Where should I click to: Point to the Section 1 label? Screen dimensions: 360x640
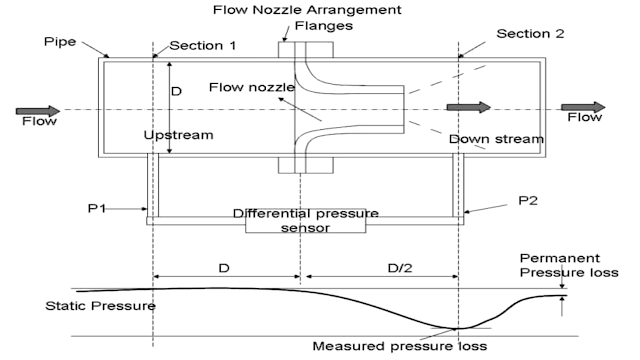click(x=203, y=45)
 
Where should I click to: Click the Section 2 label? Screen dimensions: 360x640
click(x=531, y=33)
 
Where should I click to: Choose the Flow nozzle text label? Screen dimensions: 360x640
click(x=251, y=87)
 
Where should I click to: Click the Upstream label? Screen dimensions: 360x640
click(x=177, y=133)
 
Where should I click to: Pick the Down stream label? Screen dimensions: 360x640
click(x=496, y=138)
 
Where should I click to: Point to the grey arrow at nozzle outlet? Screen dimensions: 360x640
click(x=468, y=107)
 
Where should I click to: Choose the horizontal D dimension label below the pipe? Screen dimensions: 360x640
click(x=224, y=269)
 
